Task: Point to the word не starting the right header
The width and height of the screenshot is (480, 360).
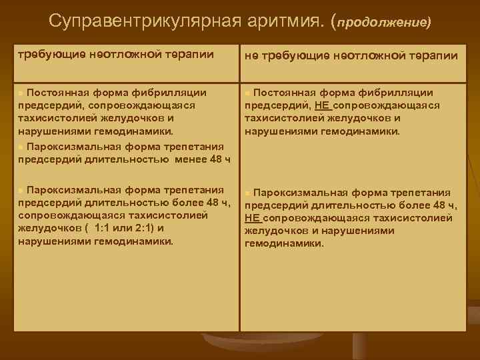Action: tap(252, 56)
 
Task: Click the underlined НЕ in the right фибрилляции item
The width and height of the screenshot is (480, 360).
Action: tap(322, 105)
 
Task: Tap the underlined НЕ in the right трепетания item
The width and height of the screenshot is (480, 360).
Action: tap(252, 218)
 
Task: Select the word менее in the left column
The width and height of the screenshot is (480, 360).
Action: tap(191, 159)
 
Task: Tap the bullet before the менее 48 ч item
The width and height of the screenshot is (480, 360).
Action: tap(21, 147)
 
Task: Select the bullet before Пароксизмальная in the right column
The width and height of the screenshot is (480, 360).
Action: tap(248, 193)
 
